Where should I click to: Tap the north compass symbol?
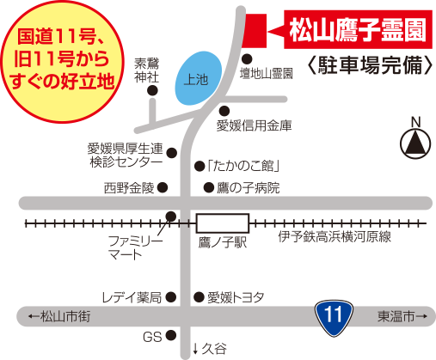415,140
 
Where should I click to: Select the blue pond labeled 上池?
197,79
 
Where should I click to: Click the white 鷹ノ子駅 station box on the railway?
221,223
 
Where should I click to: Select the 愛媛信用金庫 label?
254,126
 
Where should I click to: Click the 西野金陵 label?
129,187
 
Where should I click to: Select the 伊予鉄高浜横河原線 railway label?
335,236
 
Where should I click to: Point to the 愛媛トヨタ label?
235,297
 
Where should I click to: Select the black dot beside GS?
170,335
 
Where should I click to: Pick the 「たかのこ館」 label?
243,166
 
